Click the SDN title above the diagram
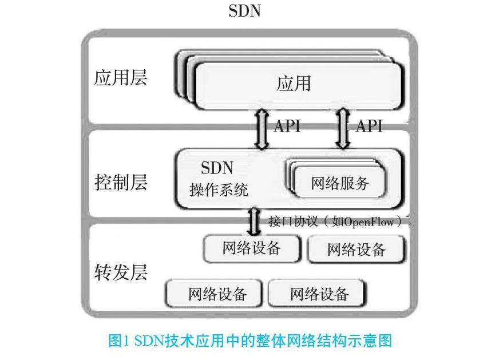click(x=244, y=11)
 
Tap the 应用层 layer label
click(x=120, y=77)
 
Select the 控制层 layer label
click(x=120, y=183)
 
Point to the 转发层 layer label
click(x=120, y=272)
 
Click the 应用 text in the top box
click(x=294, y=84)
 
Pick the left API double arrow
click(x=262, y=129)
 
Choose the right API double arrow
click(x=344, y=129)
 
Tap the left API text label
click(x=287, y=126)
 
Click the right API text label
click(x=369, y=126)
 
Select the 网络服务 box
click(x=340, y=184)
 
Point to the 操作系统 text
click(x=219, y=190)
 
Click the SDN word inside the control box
click(x=217, y=168)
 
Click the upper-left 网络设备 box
click(x=252, y=248)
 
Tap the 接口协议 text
click(x=288, y=221)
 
